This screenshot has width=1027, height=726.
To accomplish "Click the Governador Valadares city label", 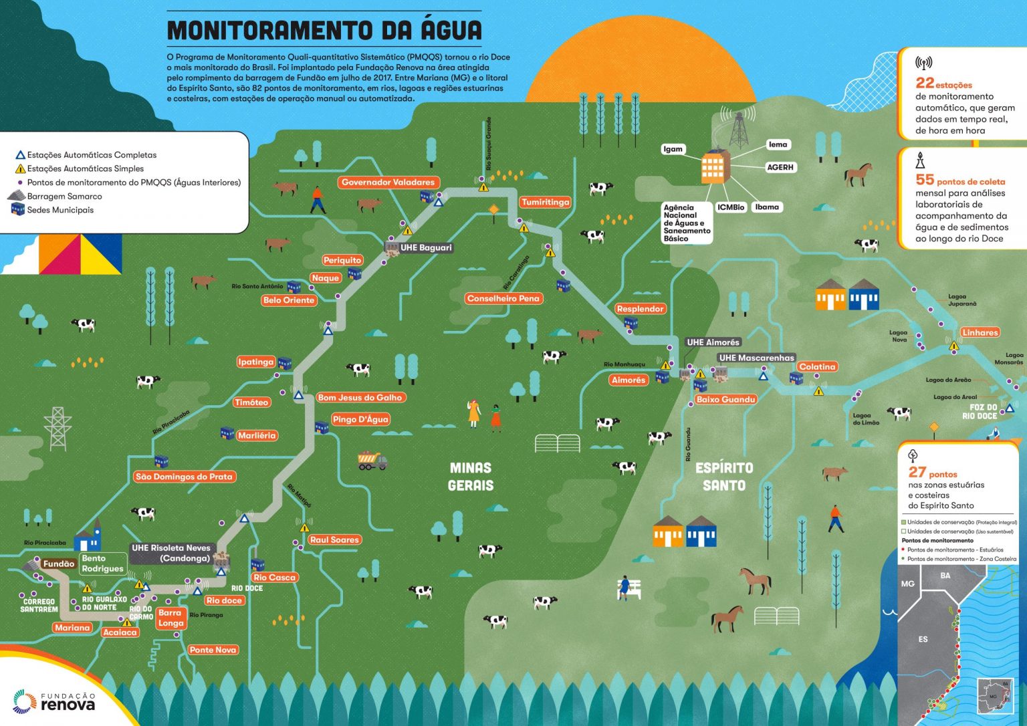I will point(388,182).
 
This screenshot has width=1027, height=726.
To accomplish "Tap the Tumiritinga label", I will point(546,202).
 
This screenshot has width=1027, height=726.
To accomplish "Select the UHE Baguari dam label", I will point(425,247).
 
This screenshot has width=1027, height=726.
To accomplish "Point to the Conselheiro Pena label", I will point(503,298).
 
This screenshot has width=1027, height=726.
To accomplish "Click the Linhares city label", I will point(980,332).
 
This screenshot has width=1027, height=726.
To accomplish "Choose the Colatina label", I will point(817,366).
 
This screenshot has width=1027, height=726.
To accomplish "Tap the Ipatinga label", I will point(256,362).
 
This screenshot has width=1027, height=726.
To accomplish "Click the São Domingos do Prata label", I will point(184,477).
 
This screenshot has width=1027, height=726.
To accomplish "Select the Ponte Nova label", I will point(213,649).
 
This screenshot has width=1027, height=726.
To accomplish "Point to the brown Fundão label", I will point(59,564).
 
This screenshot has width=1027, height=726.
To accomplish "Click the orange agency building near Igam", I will point(713,167).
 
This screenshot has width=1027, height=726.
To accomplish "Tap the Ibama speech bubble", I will point(766,207).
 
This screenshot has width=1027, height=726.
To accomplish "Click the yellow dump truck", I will point(372,460).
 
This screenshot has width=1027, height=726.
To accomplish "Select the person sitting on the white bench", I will point(625,587).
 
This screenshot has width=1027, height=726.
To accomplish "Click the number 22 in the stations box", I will point(925,83).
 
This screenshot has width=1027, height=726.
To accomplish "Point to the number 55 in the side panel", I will point(925,180).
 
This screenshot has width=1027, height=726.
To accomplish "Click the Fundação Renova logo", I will point(53,701).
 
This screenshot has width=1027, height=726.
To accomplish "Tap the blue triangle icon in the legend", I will point(20,155).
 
